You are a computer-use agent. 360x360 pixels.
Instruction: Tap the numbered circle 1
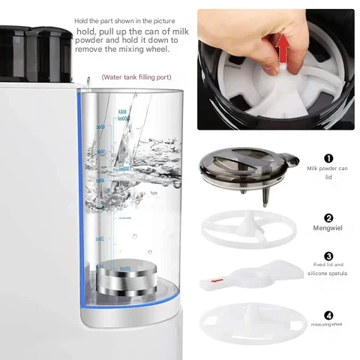point(328,158)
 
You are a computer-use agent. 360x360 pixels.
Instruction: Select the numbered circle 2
point(328,217)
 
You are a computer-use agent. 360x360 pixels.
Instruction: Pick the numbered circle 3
point(328,256)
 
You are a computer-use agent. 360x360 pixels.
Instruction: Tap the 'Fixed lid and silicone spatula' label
point(328,269)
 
